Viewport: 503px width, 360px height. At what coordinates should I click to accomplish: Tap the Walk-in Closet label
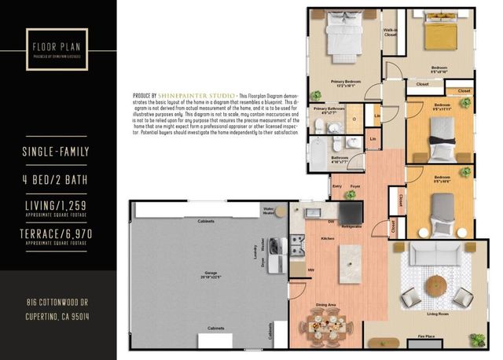(x=391, y=33)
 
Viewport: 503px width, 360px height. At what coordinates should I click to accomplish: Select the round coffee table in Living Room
(x=435, y=283)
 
